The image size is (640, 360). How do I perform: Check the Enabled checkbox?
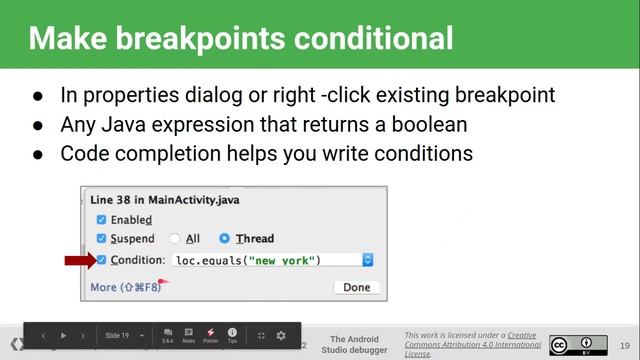101,219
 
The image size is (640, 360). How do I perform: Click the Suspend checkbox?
101,239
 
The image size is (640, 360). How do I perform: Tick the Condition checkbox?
101,260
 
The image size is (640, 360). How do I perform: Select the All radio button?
174,239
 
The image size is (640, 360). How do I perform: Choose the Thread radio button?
224,239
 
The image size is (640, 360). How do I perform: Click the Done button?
356,287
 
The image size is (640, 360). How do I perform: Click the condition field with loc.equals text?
265,260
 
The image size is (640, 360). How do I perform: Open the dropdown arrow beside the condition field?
367,260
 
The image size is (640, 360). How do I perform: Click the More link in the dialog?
103,287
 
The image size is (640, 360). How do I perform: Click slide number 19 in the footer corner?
624,345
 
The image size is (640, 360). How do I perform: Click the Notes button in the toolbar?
188,335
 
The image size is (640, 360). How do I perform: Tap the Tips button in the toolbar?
232,335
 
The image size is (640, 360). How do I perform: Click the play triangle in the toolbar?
64,336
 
